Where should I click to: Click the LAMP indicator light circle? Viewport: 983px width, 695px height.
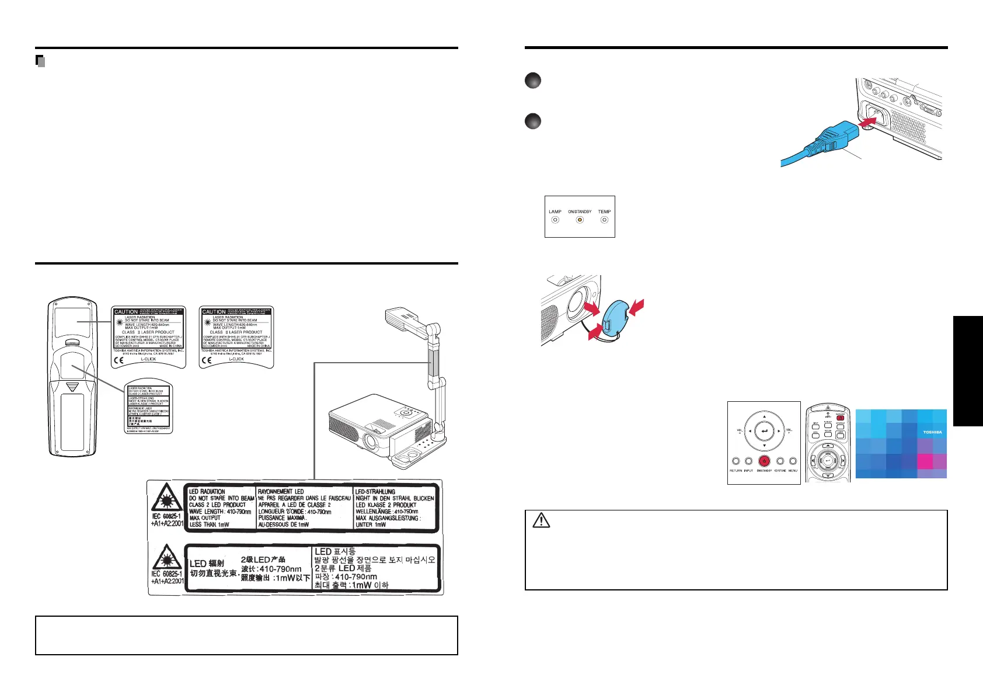click(x=555, y=220)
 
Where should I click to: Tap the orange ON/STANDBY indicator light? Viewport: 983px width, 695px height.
click(x=580, y=220)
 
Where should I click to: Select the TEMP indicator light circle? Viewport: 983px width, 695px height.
click(x=604, y=220)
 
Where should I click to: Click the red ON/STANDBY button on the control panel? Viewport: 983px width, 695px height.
click(x=764, y=461)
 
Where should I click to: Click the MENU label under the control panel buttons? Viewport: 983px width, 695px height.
click(x=793, y=471)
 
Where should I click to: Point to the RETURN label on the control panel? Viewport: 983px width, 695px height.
click(x=735, y=471)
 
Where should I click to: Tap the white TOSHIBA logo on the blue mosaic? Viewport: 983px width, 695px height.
click(x=932, y=432)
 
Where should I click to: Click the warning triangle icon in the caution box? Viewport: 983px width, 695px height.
click(x=541, y=520)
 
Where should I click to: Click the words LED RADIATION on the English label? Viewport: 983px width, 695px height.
click(x=207, y=492)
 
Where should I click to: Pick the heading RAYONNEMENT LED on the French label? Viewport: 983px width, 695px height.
click(x=281, y=492)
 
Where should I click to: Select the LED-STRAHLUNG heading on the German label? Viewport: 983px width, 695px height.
click(x=375, y=492)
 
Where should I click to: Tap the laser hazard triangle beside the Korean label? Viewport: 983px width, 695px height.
click(x=167, y=557)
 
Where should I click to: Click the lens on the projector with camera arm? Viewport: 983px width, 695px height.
click(x=370, y=442)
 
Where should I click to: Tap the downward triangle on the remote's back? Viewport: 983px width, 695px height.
click(x=72, y=387)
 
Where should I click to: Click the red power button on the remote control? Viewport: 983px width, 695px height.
click(x=840, y=418)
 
